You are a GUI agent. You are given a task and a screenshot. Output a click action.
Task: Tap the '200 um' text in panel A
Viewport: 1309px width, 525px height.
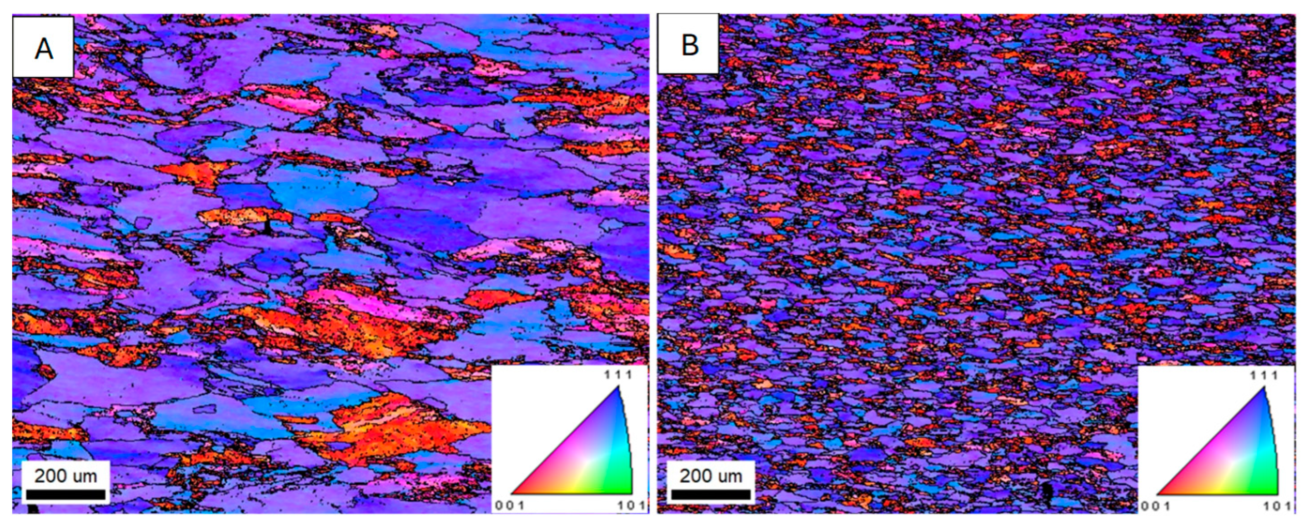[x=66, y=476]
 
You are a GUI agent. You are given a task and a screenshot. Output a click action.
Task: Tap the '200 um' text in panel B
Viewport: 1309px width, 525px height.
[x=711, y=476]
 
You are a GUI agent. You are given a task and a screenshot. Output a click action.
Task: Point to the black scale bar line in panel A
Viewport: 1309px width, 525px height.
[x=66, y=494]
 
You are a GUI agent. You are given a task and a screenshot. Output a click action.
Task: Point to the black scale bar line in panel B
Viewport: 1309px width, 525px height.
[x=711, y=494]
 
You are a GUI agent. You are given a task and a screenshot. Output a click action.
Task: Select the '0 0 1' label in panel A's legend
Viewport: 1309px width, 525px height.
[x=509, y=506]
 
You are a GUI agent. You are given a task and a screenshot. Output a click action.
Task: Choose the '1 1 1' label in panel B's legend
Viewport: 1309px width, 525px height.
[x=1264, y=375]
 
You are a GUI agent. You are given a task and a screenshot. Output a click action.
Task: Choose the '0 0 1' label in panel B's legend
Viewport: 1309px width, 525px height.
[x=1154, y=506]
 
